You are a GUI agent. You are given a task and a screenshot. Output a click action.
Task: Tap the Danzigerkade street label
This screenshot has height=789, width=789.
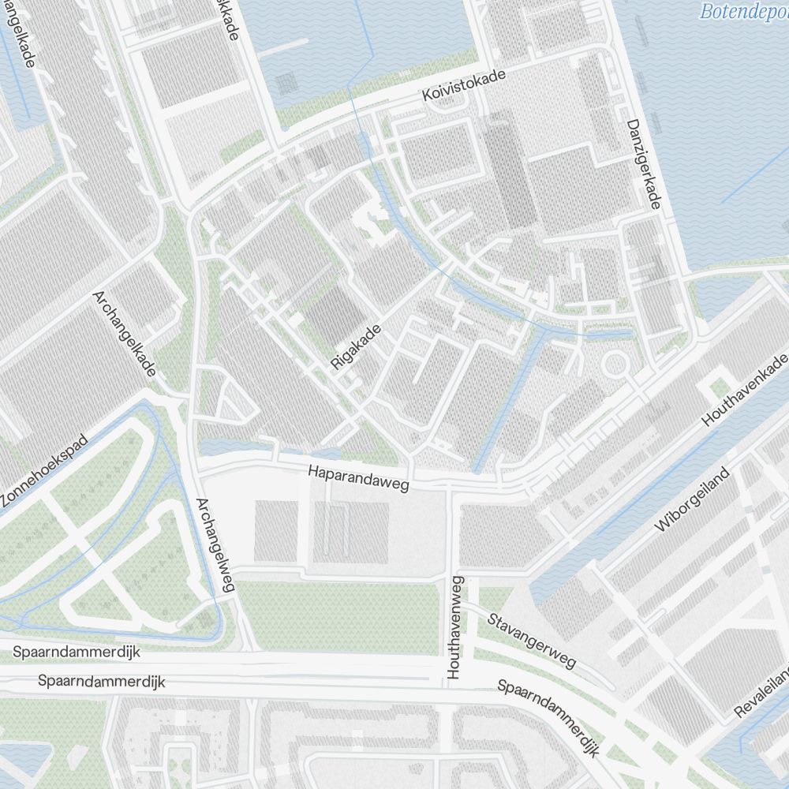(642, 164)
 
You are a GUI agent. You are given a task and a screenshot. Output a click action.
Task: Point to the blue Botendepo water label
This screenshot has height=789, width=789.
(743, 11)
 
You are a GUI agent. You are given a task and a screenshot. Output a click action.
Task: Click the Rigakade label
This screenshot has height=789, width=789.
(357, 346)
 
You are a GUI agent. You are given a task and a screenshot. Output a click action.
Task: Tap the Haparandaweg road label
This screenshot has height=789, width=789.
(359, 478)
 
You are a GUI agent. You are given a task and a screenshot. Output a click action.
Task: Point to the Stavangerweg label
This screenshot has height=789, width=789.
(531, 641)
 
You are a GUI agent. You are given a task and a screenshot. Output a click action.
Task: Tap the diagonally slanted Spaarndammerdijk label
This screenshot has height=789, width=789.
(547, 716)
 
